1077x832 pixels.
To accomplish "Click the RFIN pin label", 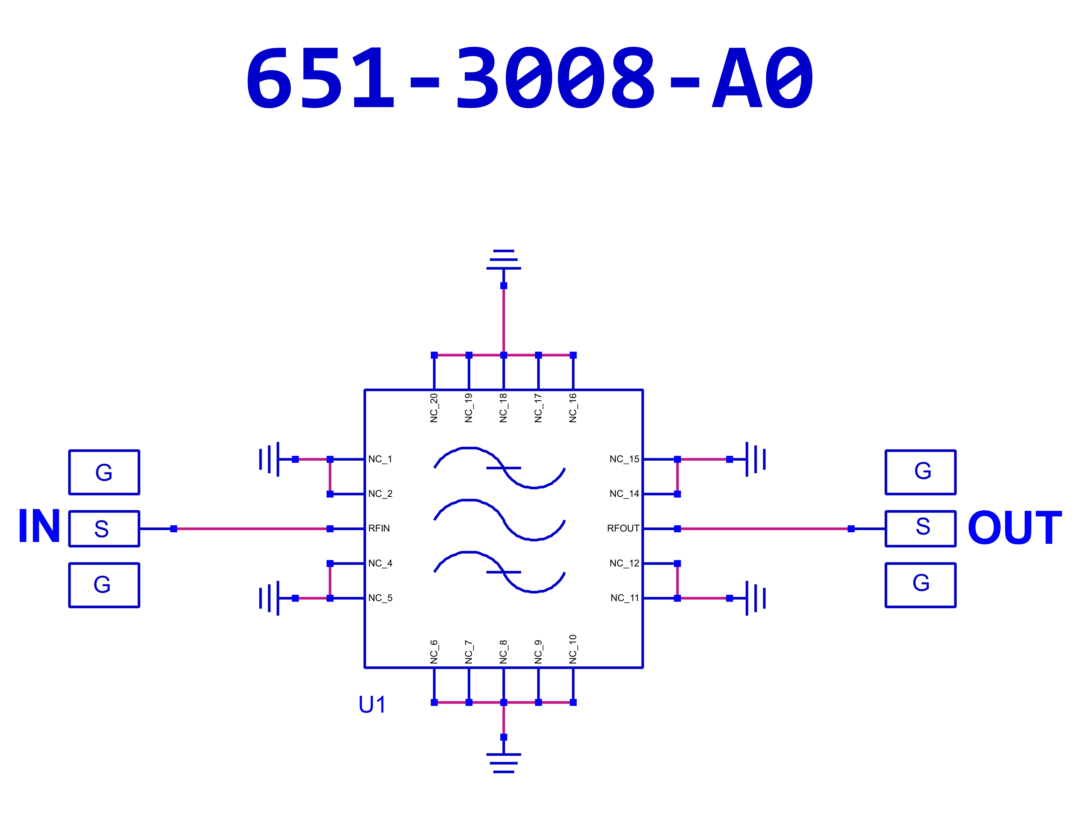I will [x=379, y=528].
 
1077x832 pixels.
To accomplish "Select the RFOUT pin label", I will [x=623, y=528].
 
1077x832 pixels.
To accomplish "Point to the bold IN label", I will [x=39, y=526].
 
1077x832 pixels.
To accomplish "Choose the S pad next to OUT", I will [x=920, y=528].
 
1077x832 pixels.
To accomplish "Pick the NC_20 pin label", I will [x=434, y=408].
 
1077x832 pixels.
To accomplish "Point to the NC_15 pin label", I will [x=624, y=459].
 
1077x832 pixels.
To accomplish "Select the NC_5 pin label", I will [x=380, y=598].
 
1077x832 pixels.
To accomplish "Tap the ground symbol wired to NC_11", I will [x=755, y=598].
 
